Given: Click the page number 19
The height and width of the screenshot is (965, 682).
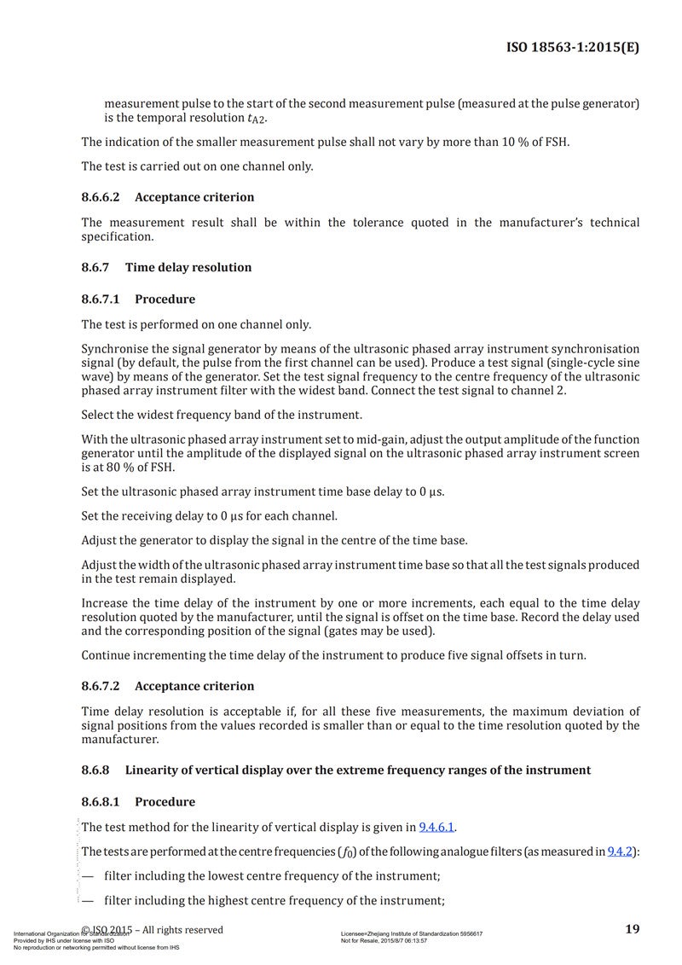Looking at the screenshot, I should pyautogui.click(x=632, y=929).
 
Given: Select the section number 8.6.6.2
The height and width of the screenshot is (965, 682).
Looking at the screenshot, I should pyautogui.click(x=101, y=197).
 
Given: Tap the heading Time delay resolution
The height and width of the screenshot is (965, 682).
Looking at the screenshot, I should pyautogui.click(x=188, y=267).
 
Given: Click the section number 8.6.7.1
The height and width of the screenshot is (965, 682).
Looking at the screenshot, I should pyautogui.click(x=101, y=299).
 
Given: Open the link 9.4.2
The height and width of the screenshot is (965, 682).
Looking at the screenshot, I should pyautogui.click(x=620, y=852).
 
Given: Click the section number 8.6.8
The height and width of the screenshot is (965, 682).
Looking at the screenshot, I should pyautogui.click(x=95, y=770).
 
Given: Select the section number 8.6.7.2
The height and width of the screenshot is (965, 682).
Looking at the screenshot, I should pyautogui.click(x=101, y=686).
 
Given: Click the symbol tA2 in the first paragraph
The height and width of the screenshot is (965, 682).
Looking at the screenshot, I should pyautogui.click(x=256, y=119).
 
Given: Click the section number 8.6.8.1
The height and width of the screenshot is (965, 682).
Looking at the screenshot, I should pyautogui.click(x=101, y=802).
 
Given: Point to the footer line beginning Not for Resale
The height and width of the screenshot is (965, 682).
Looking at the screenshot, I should pyautogui.click(x=384, y=940).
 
